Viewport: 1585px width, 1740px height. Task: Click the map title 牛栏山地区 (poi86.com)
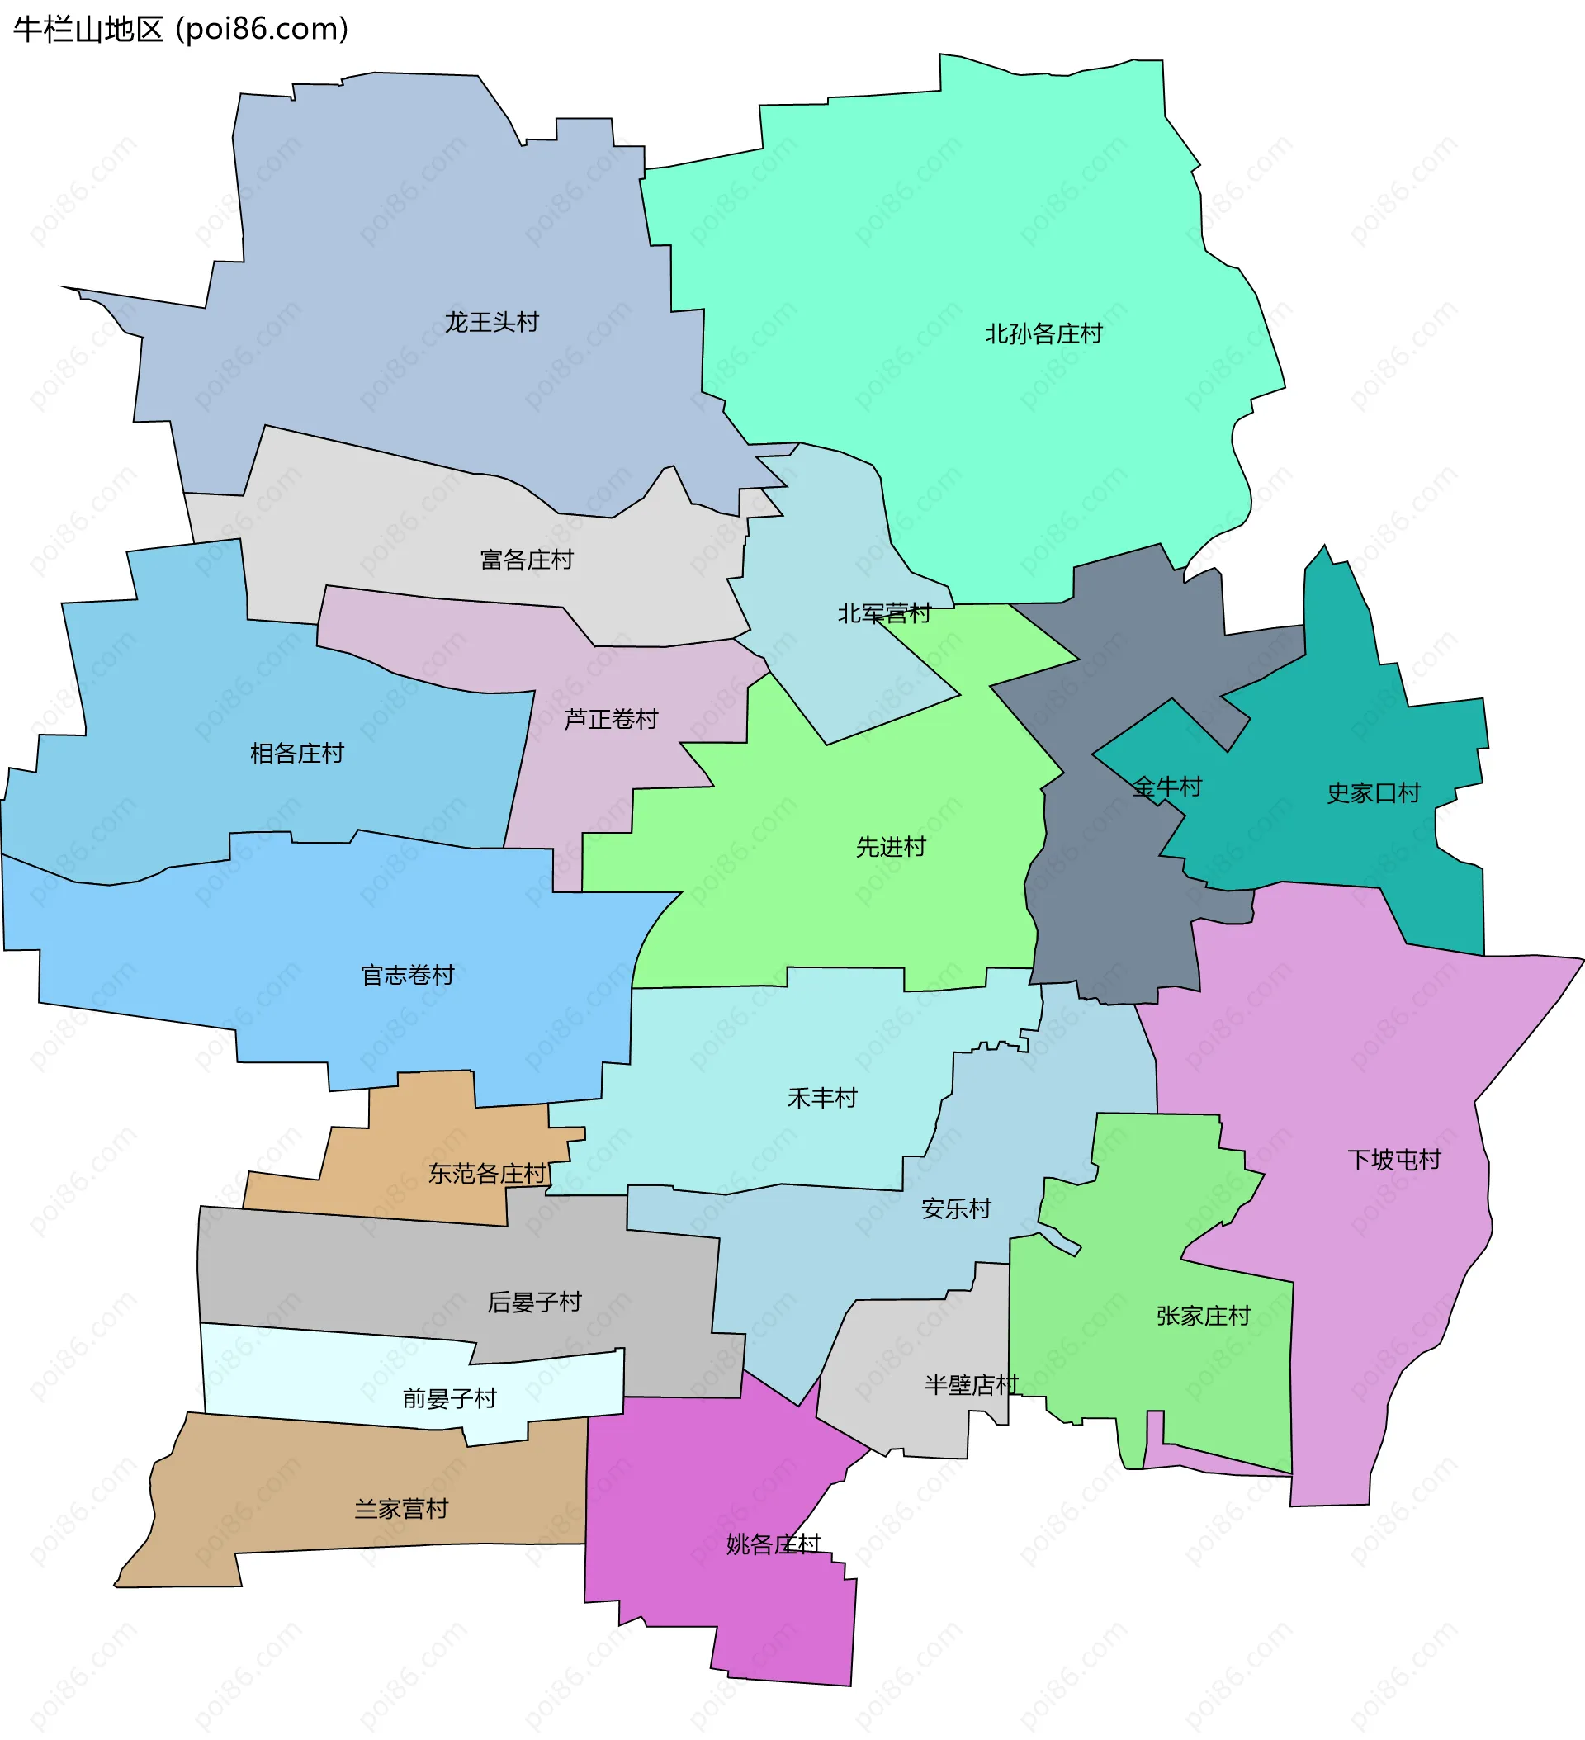181,30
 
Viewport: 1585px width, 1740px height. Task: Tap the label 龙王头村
491,323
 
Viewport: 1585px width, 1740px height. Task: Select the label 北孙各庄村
1043,334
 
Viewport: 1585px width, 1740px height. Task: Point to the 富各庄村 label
527,560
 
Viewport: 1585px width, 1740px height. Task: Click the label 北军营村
884,613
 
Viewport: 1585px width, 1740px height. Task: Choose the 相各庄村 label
297,754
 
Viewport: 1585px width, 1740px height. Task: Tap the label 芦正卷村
611,719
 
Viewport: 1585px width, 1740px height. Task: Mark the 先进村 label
891,847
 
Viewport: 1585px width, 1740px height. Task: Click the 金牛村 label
1167,787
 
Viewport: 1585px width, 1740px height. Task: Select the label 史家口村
1374,793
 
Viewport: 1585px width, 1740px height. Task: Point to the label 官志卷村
408,976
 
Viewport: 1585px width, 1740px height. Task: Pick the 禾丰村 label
823,1098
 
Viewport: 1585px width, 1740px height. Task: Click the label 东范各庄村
488,1174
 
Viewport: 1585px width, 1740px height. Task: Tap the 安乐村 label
957,1208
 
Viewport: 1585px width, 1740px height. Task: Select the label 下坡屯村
1394,1159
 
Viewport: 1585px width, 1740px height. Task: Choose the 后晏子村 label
534,1302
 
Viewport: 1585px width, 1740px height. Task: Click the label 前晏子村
450,1398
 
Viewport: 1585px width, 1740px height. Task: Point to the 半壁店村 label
971,1384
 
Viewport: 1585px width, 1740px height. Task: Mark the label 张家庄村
1204,1316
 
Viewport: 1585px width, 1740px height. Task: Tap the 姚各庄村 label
773,1544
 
